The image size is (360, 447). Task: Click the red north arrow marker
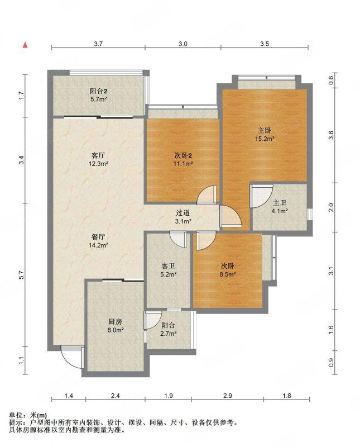pyautogui.click(x=25, y=45)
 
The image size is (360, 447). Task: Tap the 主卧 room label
pyautogui.click(x=265, y=131)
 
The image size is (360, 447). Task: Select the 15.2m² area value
pyautogui.click(x=265, y=139)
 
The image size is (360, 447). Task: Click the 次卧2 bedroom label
pyautogui.click(x=183, y=155)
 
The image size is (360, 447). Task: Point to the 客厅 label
pyautogui.click(x=98, y=155)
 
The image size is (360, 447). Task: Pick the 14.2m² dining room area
pyautogui.click(x=98, y=245)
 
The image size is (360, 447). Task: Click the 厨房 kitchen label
pyautogui.click(x=116, y=322)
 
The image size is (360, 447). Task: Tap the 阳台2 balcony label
pyautogui.click(x=99, y=91)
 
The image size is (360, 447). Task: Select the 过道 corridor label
pyautogui.click(x=183, y=213)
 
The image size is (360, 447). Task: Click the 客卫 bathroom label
pyautogui.click(x=168, y=266)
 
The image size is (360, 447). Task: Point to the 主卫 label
pyautogui.click(x=280, y=203)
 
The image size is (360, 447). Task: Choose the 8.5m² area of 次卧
pyautogui.click(x=228, y=274)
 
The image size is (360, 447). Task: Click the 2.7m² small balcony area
pyautogui.click(x=168, y=333)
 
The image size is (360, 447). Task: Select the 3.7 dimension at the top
pyautogui.click(x=98, y=44)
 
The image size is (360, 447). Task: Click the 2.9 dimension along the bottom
pyautogui.click(x=228, y=396)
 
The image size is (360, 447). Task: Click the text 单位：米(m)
pyautogui.click(x=28, y=415)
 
